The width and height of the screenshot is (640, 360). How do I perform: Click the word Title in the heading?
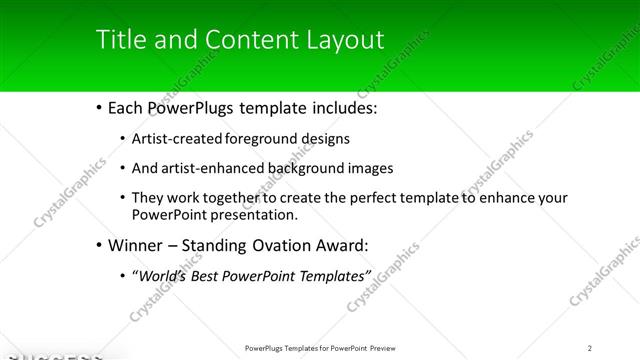[118, 40]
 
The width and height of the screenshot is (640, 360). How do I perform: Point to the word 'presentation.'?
[254, 214]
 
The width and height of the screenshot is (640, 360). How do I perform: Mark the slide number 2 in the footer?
[590, 348]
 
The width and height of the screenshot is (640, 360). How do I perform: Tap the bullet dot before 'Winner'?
[98, 245]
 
